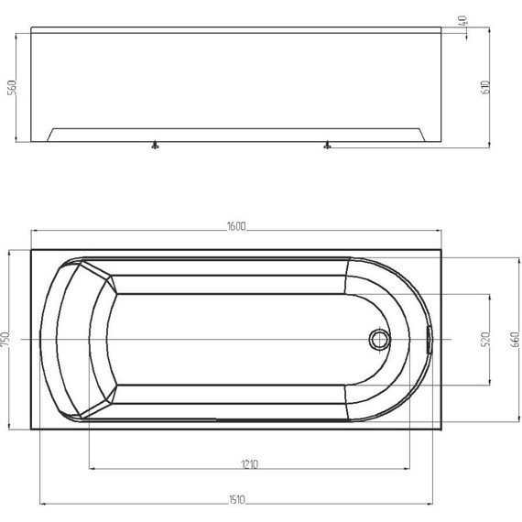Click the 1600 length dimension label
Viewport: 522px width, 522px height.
pos(236,226)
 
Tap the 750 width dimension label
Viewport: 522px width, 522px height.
pos(5,340)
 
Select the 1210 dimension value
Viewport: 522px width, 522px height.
pos(250,464)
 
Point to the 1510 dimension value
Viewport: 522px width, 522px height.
pos(236,500)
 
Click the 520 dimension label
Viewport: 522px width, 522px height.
pos(485,339)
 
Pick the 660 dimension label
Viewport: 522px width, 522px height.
pos(515,339)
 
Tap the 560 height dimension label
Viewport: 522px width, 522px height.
pos(12,87)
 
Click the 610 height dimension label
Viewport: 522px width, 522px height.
pos(485,87)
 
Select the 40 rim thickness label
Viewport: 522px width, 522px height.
pos(463,21)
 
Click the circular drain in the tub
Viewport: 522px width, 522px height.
pos(380,339)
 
